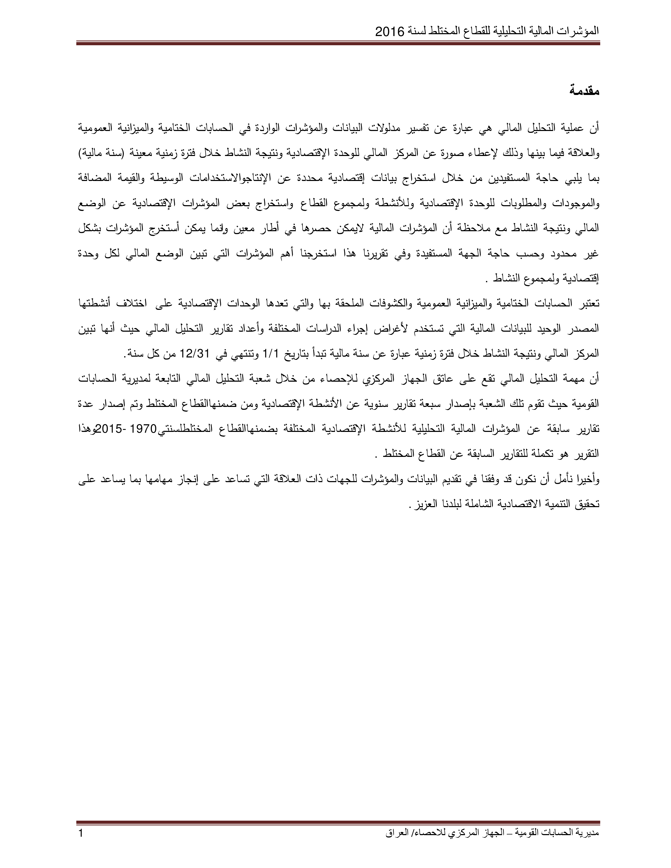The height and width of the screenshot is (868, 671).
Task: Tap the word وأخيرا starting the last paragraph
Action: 587,480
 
